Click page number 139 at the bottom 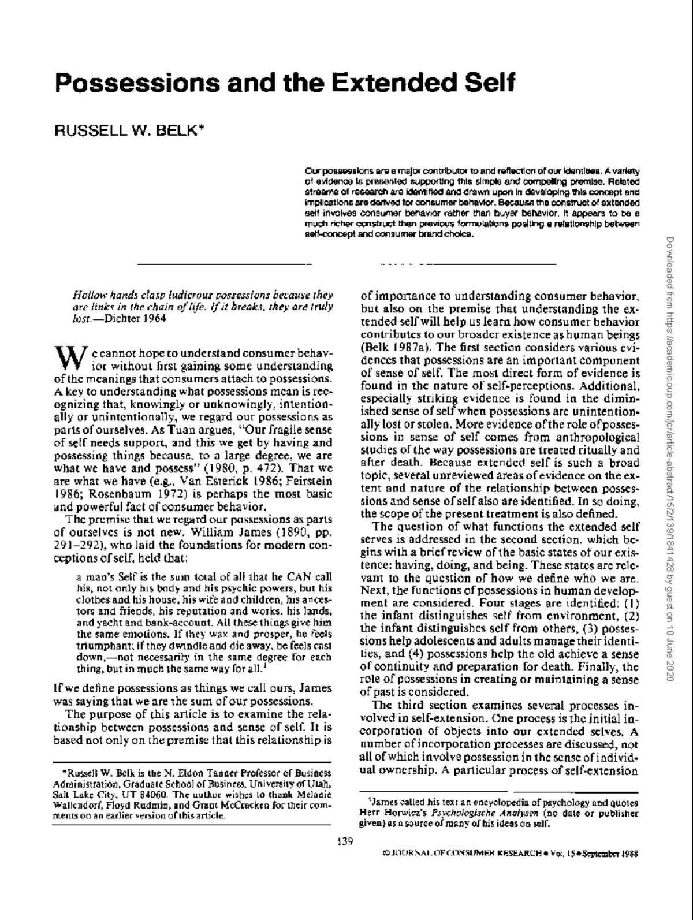tap(345, 841)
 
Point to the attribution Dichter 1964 tap(136, 319)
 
